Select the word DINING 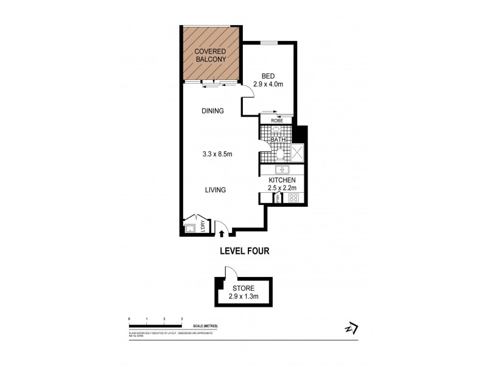(212, 111)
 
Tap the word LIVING (215, 190)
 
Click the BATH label (278, 140)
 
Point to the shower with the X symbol (298, 152)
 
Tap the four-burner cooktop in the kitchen (292, 198)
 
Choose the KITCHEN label (282, 181)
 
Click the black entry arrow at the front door (221, 232)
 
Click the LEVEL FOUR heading (243, 251)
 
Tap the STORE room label (243, 289)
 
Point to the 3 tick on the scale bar (182, 320)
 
